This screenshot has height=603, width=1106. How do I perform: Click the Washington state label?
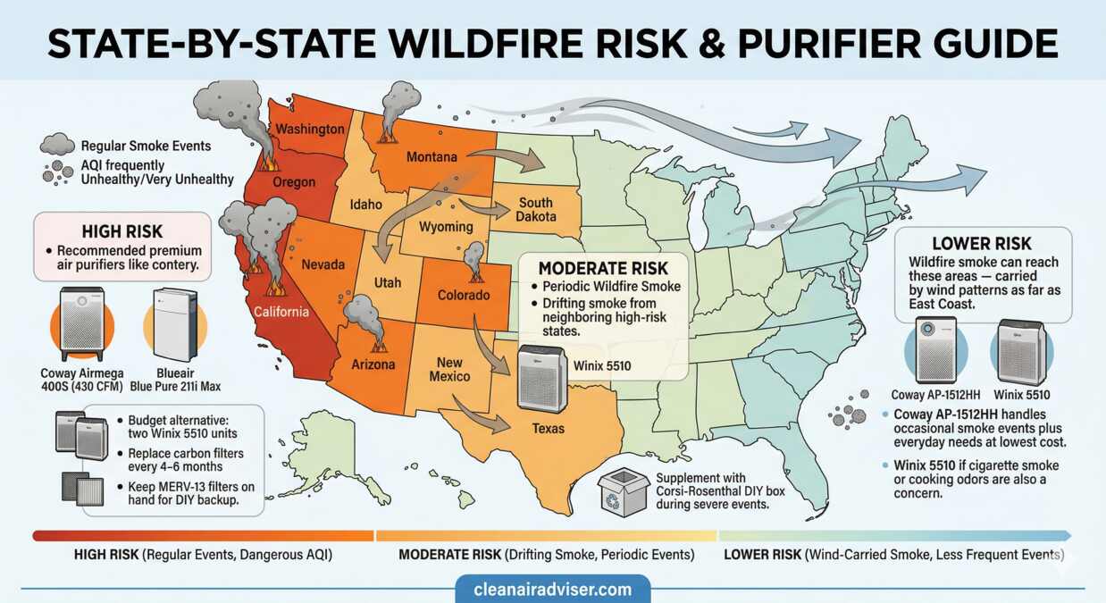click(x=309, y=129)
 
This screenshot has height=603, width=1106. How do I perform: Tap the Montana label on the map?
click(x=432, y=157)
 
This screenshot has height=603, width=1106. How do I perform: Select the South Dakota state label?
click(x=536, y=210)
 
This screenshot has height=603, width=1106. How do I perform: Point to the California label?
click(x=281, y=312)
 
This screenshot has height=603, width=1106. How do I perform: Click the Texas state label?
click(x=549, y=428)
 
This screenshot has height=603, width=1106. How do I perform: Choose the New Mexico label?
click(x=449, y=369)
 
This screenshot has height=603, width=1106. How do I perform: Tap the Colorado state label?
click(x=463, y=295)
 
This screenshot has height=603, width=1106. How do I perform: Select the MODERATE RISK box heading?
click(x=602, y=266)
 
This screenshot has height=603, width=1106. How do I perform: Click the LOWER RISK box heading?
click(x=981, y=243)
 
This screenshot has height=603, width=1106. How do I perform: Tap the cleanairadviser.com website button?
click(x=552, y=589)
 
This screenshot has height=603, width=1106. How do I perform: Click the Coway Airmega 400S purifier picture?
click(x=81, y=322)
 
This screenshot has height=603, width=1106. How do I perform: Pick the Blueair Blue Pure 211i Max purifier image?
click(x=174, y=323)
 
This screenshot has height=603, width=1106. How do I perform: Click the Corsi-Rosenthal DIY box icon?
click(x=624, y=491)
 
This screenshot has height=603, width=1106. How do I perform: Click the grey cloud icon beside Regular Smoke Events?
click(x=56, y=144)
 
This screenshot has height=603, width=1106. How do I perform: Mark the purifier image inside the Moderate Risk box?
click(x=542, y=378)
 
